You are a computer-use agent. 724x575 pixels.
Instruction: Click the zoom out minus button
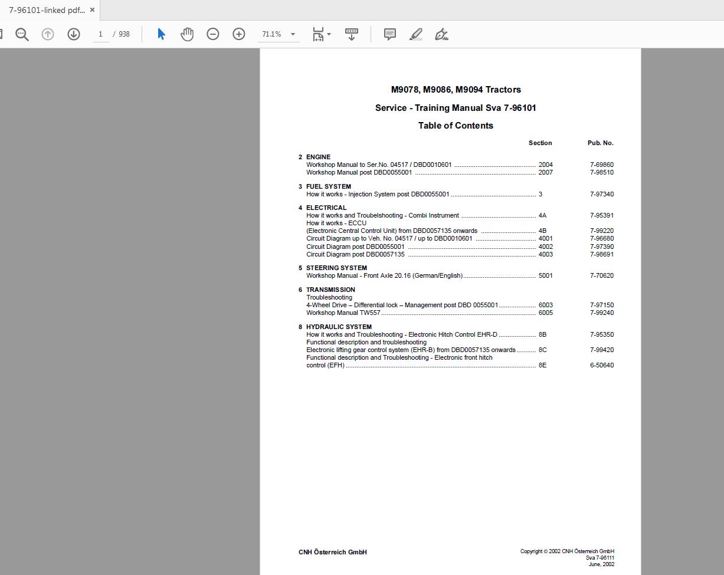pos(213,34)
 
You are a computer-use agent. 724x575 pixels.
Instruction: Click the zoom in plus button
pos(238,34)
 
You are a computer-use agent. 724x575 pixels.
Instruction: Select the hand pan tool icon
pos(187,34)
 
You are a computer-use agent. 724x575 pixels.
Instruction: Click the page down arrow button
pos(74,34)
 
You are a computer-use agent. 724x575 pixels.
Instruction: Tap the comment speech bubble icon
pos(390,34)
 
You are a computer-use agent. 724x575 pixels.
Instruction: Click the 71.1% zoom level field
pos(272,34)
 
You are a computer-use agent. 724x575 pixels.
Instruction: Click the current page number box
pos(100,34)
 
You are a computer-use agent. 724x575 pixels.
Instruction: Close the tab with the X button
pos(92,10)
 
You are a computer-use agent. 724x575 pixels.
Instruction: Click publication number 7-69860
pos(601,165)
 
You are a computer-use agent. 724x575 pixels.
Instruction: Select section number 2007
pos(545,173)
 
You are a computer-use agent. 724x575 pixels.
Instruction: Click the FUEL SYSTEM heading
pos(328,186)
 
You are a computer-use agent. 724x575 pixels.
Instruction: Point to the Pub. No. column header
pos(600,143)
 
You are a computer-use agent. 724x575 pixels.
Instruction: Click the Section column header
pos(540,143)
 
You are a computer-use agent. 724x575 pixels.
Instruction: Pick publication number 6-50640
pos(601,365)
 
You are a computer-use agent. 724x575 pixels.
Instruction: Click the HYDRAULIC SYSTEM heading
pos(339,327)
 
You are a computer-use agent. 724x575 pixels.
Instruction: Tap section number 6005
pos(545,313)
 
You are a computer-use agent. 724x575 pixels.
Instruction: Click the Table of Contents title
pos(456,126)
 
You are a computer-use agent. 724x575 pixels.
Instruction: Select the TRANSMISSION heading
pos(330,290)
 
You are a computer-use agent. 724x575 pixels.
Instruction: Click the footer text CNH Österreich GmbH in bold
pos(333,552)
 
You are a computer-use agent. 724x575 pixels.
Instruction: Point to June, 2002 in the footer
pos(601,564)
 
